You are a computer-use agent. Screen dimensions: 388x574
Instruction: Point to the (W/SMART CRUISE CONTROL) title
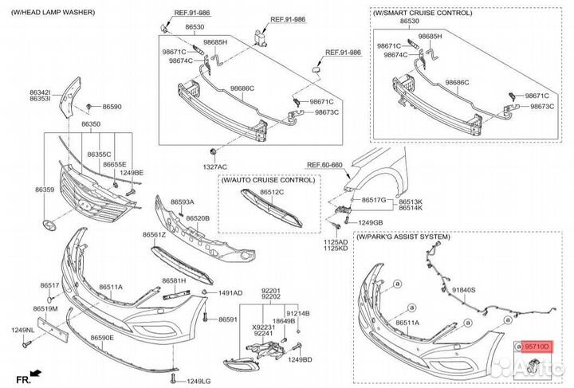pos(421,14)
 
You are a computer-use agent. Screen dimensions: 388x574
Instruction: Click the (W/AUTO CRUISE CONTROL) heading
pos(268,181)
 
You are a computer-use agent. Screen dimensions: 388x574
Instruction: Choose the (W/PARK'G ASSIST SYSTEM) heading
pos(403,237)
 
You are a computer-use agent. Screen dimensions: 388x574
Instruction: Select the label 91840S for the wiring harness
pos(464,291)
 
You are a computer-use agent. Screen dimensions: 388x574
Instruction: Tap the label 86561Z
pos(154,235)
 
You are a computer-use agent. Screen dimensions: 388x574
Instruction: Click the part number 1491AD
pos(230,293)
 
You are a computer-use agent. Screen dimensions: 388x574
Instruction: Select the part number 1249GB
pos(371,222)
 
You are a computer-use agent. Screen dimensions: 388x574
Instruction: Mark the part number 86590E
pos(102,338)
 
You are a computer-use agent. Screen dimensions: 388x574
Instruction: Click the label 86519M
pos(45,308)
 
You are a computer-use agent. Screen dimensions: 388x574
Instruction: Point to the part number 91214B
pos(297,313)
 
